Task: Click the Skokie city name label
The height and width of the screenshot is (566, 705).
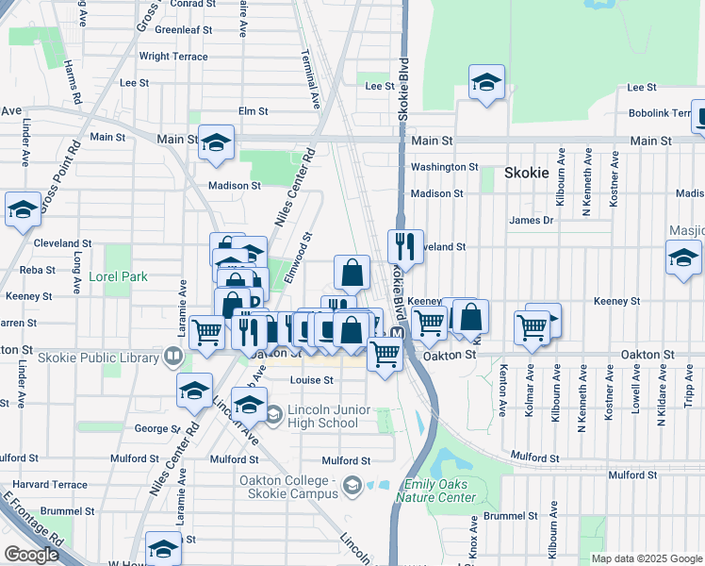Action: (526, 173)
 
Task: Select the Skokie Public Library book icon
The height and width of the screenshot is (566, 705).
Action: (172, 357)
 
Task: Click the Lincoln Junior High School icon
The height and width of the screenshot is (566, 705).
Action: (273, 414)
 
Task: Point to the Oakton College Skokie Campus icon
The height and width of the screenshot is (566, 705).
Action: (352, 487)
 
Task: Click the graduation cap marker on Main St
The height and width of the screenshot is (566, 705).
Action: (216, 142)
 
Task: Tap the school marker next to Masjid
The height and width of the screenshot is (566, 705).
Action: (683, 258)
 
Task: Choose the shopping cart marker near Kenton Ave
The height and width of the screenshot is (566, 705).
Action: (532, 327)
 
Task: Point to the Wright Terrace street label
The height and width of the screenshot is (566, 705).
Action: (173, 57)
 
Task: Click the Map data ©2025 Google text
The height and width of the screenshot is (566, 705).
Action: (646, 558)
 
